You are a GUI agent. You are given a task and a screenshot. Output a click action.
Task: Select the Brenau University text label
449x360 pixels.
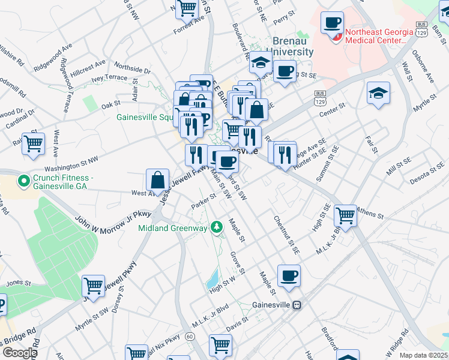click(x=292, y=46)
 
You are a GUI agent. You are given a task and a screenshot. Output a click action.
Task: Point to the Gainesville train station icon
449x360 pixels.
click(x=296, y=305)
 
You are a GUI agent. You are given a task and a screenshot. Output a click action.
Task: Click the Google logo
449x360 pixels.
click(x=19, y=353)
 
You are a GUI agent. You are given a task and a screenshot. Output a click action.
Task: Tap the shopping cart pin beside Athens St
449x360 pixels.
click(x=345, y=215)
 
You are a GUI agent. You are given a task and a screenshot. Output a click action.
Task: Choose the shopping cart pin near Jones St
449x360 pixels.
click(x=93, y=286)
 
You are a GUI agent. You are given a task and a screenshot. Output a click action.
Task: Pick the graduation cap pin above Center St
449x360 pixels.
click(x=378, y=94)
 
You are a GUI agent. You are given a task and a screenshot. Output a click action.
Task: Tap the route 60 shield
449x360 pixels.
click(x=190, y=337)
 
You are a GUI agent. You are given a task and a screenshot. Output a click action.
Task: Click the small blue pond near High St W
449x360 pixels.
click(x=212, y=278)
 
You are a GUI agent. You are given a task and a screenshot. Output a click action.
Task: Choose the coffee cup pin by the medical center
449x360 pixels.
click(x=332, y=23)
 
